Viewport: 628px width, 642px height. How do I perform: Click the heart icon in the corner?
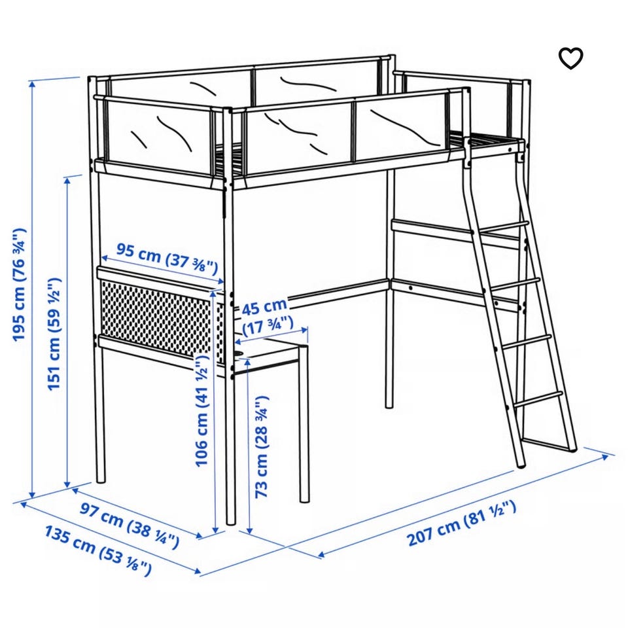(570, 58)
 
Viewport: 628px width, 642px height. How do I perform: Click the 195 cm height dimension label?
(19, 285)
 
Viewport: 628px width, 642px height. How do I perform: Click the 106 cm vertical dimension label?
(202, 410)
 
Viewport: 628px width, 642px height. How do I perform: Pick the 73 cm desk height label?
(262, 447)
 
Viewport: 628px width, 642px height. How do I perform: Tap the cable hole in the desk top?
(239, 352)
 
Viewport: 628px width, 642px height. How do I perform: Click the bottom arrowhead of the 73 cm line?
(249, 530)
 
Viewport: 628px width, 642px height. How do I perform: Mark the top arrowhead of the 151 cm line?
(68, 181)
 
